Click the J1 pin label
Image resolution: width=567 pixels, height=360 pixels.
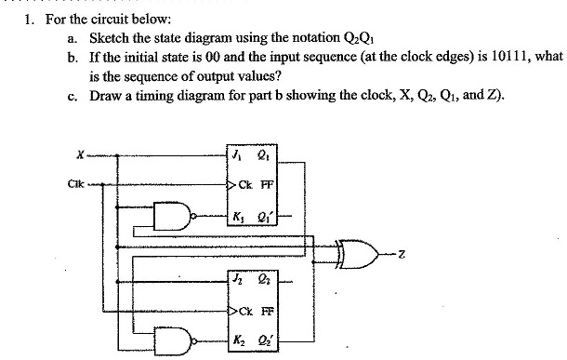click(237, 154)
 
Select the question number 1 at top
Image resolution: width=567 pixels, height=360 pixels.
click(29, 20)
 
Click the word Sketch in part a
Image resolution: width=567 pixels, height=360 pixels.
click(109, 38)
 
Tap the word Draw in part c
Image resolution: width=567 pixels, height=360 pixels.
click(105, 96)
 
